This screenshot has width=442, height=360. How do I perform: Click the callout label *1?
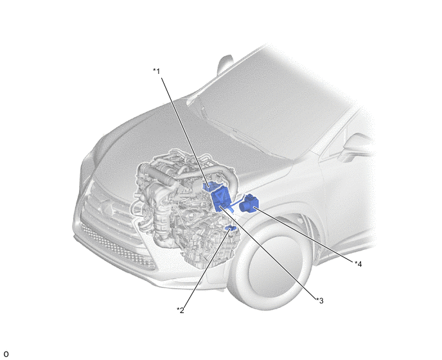tap(157, 71)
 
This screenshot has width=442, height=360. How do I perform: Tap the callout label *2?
tap(181, 310)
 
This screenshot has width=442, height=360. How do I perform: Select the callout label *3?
tap(320, 300)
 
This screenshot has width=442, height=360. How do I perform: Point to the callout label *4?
tap(358, 264)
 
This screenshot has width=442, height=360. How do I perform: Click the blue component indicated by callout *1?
tap(211, 186)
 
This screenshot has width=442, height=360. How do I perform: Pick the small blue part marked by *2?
tap(231, 228)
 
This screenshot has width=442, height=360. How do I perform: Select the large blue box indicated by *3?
tap(221, 200)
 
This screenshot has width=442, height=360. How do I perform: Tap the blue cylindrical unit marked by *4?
tap(249, 203)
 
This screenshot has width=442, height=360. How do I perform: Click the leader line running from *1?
tap(185, 132)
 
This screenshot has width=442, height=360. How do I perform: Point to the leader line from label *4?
tap(305, 235)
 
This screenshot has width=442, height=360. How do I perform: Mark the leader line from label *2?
tap(207, 268)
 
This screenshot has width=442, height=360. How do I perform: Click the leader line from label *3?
tap(268, 253)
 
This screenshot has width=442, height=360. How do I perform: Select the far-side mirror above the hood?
tap(225, 65)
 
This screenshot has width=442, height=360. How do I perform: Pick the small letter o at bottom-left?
tap(6, 354)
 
